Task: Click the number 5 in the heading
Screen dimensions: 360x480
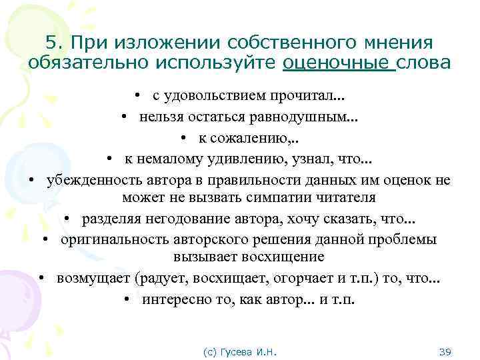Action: pyautogui.click(x=51, y=42)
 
